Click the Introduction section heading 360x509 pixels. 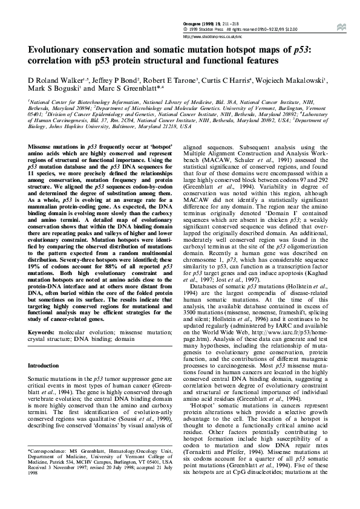coord(47,366)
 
